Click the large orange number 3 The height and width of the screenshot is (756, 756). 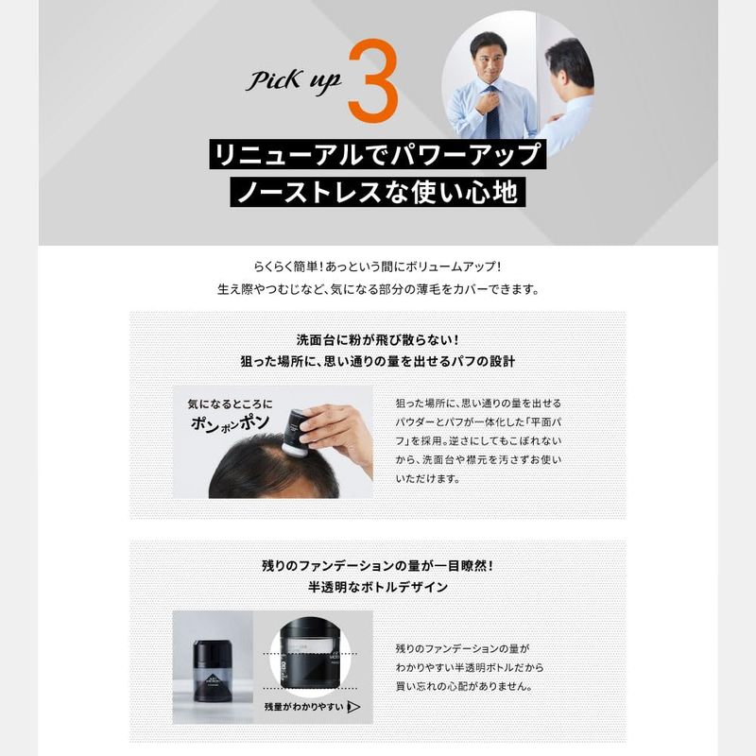[373, 80]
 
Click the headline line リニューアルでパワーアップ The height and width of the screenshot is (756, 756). [377, 154]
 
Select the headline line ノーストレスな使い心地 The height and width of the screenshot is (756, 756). [377, 192]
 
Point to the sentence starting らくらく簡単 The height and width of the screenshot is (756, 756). [377, 266]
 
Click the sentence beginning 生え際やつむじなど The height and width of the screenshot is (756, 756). [378, 289]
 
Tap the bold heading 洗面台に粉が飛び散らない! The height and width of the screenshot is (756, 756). [377, 340]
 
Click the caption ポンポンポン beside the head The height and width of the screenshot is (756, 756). [230, 423]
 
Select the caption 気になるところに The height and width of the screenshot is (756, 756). [230, 404]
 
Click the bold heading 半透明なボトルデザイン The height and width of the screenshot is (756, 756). [378, 587]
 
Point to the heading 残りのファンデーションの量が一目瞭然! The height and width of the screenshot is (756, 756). [377, 565]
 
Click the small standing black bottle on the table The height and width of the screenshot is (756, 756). [212, 671]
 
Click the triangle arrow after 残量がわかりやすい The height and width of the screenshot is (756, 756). [353, 707]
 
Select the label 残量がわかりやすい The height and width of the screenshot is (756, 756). [303, 707]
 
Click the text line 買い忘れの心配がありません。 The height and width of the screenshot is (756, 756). [464, 687]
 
